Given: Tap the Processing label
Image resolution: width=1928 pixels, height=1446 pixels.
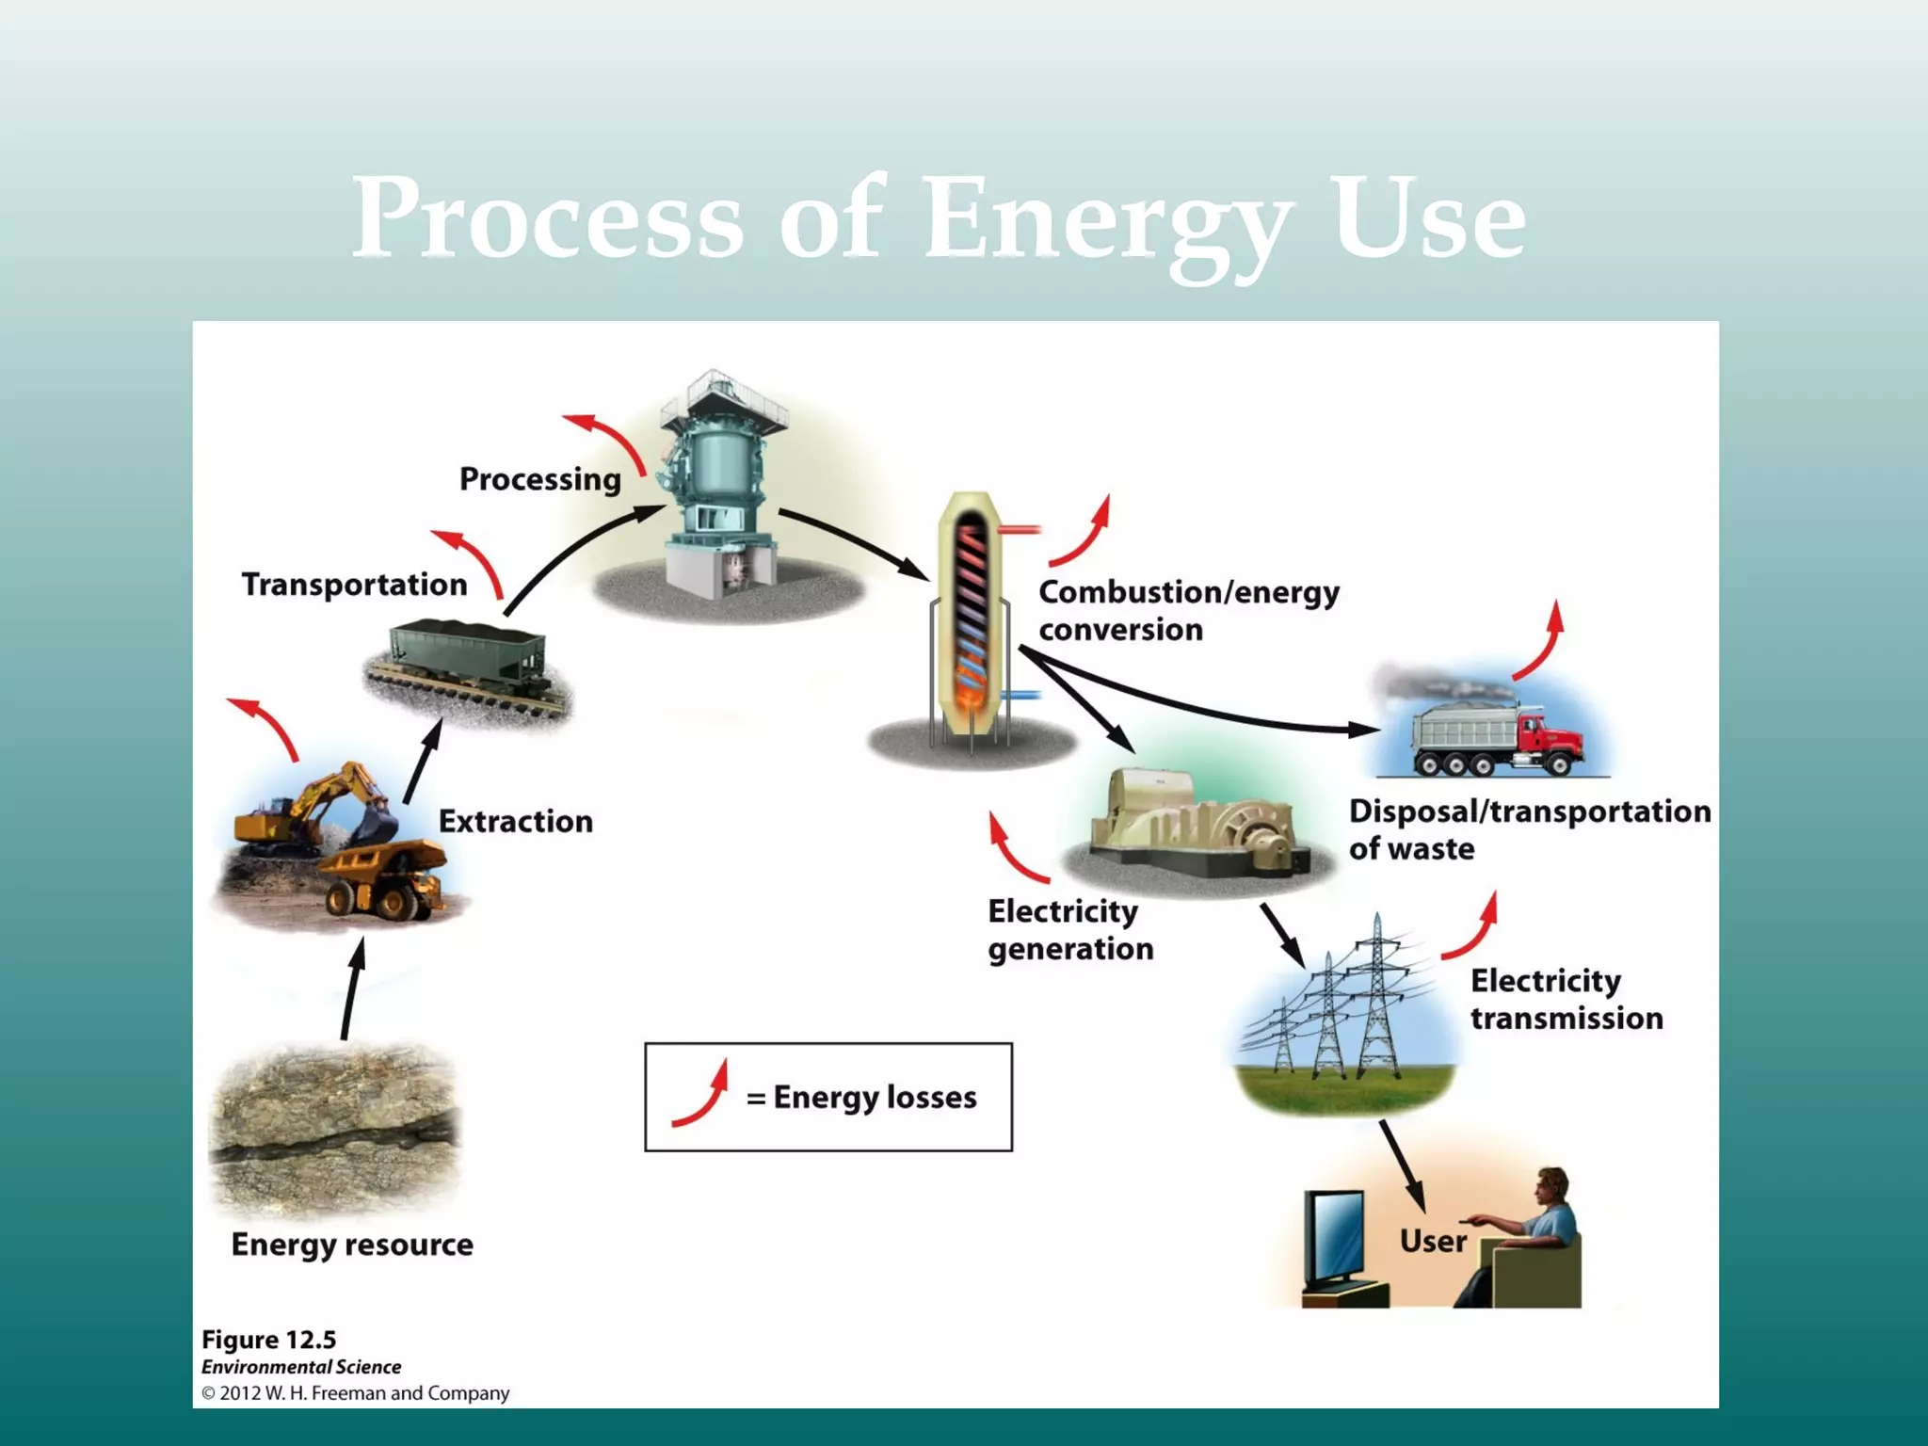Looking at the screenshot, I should (x=539, y=479).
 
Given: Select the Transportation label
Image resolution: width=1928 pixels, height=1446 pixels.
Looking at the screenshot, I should (x=354, y=585).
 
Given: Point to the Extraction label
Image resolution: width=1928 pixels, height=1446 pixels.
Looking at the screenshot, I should (x=515, y=822).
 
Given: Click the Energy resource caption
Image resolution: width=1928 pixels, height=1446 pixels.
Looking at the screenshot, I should (x=352, y=1245).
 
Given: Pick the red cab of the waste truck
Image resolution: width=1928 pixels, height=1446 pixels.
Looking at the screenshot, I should (x=1549, y=739).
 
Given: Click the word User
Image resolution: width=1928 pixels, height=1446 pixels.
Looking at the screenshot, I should (x=1432, y=1242).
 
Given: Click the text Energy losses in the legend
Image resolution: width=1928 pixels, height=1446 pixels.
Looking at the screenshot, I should (x=875, y=1098).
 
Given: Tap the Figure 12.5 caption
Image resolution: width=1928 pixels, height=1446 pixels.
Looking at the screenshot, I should (x=268, y=1340).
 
